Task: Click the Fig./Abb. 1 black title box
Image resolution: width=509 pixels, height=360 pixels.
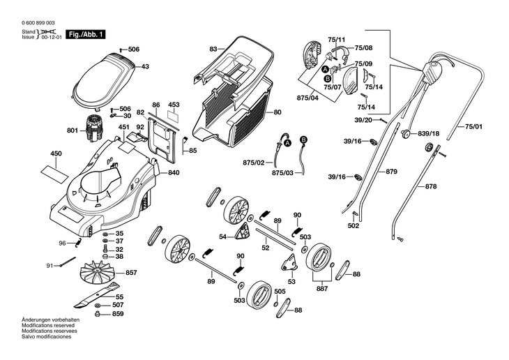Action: point(86,34)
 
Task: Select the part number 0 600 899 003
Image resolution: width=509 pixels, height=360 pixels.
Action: point(38,23)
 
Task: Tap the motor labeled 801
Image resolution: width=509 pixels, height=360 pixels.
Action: point(94,128)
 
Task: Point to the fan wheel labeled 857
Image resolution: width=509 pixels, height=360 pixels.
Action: point(98,272)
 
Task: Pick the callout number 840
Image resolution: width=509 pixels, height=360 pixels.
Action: point(174,172)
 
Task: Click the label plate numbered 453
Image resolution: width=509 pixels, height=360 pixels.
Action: point(173,117)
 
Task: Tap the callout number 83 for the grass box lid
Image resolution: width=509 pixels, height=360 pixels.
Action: point(213,49)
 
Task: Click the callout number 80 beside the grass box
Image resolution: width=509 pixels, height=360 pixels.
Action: point(278,112)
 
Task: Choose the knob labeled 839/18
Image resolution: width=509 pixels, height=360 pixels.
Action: point(406,133)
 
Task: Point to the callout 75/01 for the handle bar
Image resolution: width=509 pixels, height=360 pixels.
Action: point(473,126)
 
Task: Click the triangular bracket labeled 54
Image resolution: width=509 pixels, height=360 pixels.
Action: point(243,232)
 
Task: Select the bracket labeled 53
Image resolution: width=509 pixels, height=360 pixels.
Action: point(289,263)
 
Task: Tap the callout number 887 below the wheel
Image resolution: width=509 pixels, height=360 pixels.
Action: point(322,289)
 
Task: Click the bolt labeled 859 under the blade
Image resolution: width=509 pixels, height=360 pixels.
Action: point(97,314)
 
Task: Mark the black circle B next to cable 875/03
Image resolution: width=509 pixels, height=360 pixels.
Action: point(303,140)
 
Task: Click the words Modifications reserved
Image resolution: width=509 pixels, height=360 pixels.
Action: point(48,325)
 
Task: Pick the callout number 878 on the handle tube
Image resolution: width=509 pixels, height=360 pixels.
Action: point(431,186)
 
